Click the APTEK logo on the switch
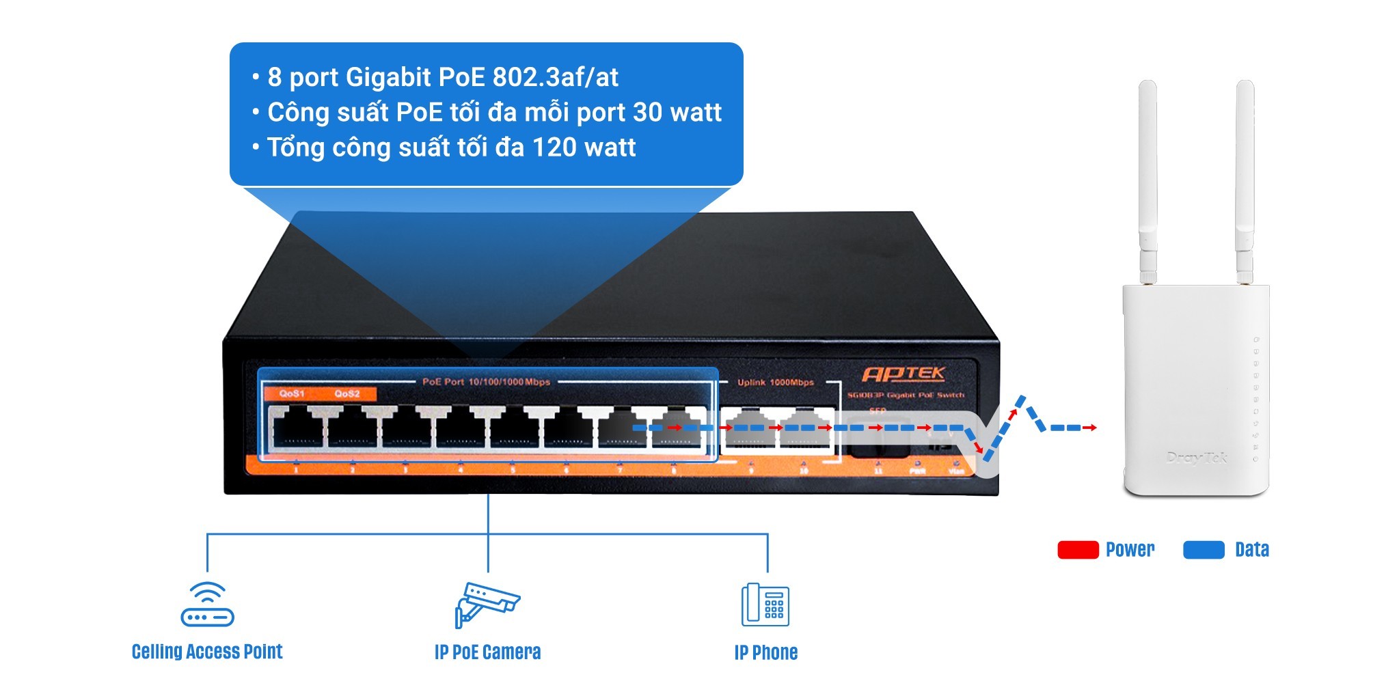click(904, 374)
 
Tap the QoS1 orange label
click(292, 393)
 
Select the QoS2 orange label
click(347, 393)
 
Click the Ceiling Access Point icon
click(207, 604)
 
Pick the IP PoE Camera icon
click(487, 604)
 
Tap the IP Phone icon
click(765, 605)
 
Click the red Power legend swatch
click(1077, 550)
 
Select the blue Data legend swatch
click(1203, 550)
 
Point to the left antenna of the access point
click(1147, 178)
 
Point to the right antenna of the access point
click(1245, 178)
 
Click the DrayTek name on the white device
click(1197, 458)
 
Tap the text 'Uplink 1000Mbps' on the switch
click(775, 383)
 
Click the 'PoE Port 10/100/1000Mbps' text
click(486, 382)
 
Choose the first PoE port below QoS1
click(297, 429)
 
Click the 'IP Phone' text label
click(765, 652)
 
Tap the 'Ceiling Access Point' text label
click(207, 652)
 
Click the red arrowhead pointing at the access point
click(1094, 428)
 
